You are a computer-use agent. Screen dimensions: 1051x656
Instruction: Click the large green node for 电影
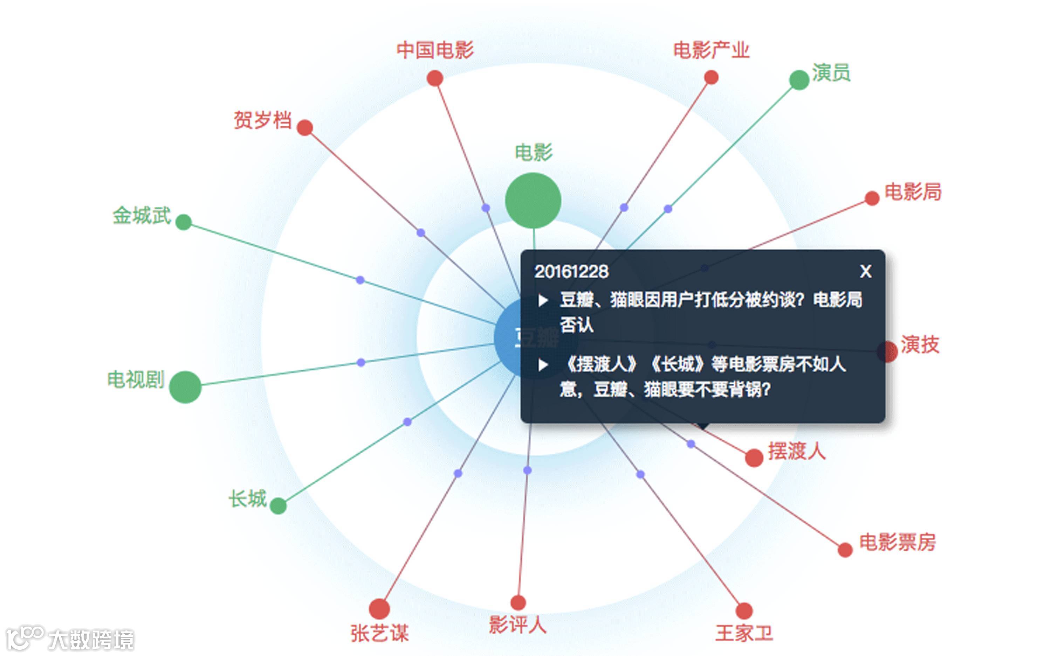pos(533,201)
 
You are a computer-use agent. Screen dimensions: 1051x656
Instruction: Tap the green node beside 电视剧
pos(185,387)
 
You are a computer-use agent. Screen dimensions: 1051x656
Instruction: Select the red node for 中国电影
pos(434,78)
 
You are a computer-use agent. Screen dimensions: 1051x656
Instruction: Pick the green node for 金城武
pos(183,222)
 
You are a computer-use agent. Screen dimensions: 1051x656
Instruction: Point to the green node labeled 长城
pos(278,505)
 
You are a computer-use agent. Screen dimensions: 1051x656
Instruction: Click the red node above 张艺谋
pos(379,608)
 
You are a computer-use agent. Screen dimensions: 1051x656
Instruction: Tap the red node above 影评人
pos(518,602)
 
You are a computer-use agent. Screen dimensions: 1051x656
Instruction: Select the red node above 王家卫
pos(744,610)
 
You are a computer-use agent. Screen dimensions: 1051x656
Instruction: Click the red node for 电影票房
pos(845,550)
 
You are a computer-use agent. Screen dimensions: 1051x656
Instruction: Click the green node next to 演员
pos(799,80)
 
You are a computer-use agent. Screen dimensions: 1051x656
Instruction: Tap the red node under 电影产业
pos(711,78)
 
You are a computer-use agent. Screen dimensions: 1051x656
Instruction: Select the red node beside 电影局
pos(872,198)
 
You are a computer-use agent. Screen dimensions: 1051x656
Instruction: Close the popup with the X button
pos(866,272)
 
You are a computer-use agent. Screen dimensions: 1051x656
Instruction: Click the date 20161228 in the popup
pos(571,272)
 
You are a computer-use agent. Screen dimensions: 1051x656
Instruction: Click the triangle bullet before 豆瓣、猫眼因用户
pos(543,300)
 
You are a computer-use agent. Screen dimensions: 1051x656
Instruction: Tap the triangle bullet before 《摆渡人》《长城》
pos(543,365)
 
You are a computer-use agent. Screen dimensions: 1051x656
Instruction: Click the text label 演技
pos(920,345)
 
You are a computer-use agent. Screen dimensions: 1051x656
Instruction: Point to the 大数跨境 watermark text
pos(91,640)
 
